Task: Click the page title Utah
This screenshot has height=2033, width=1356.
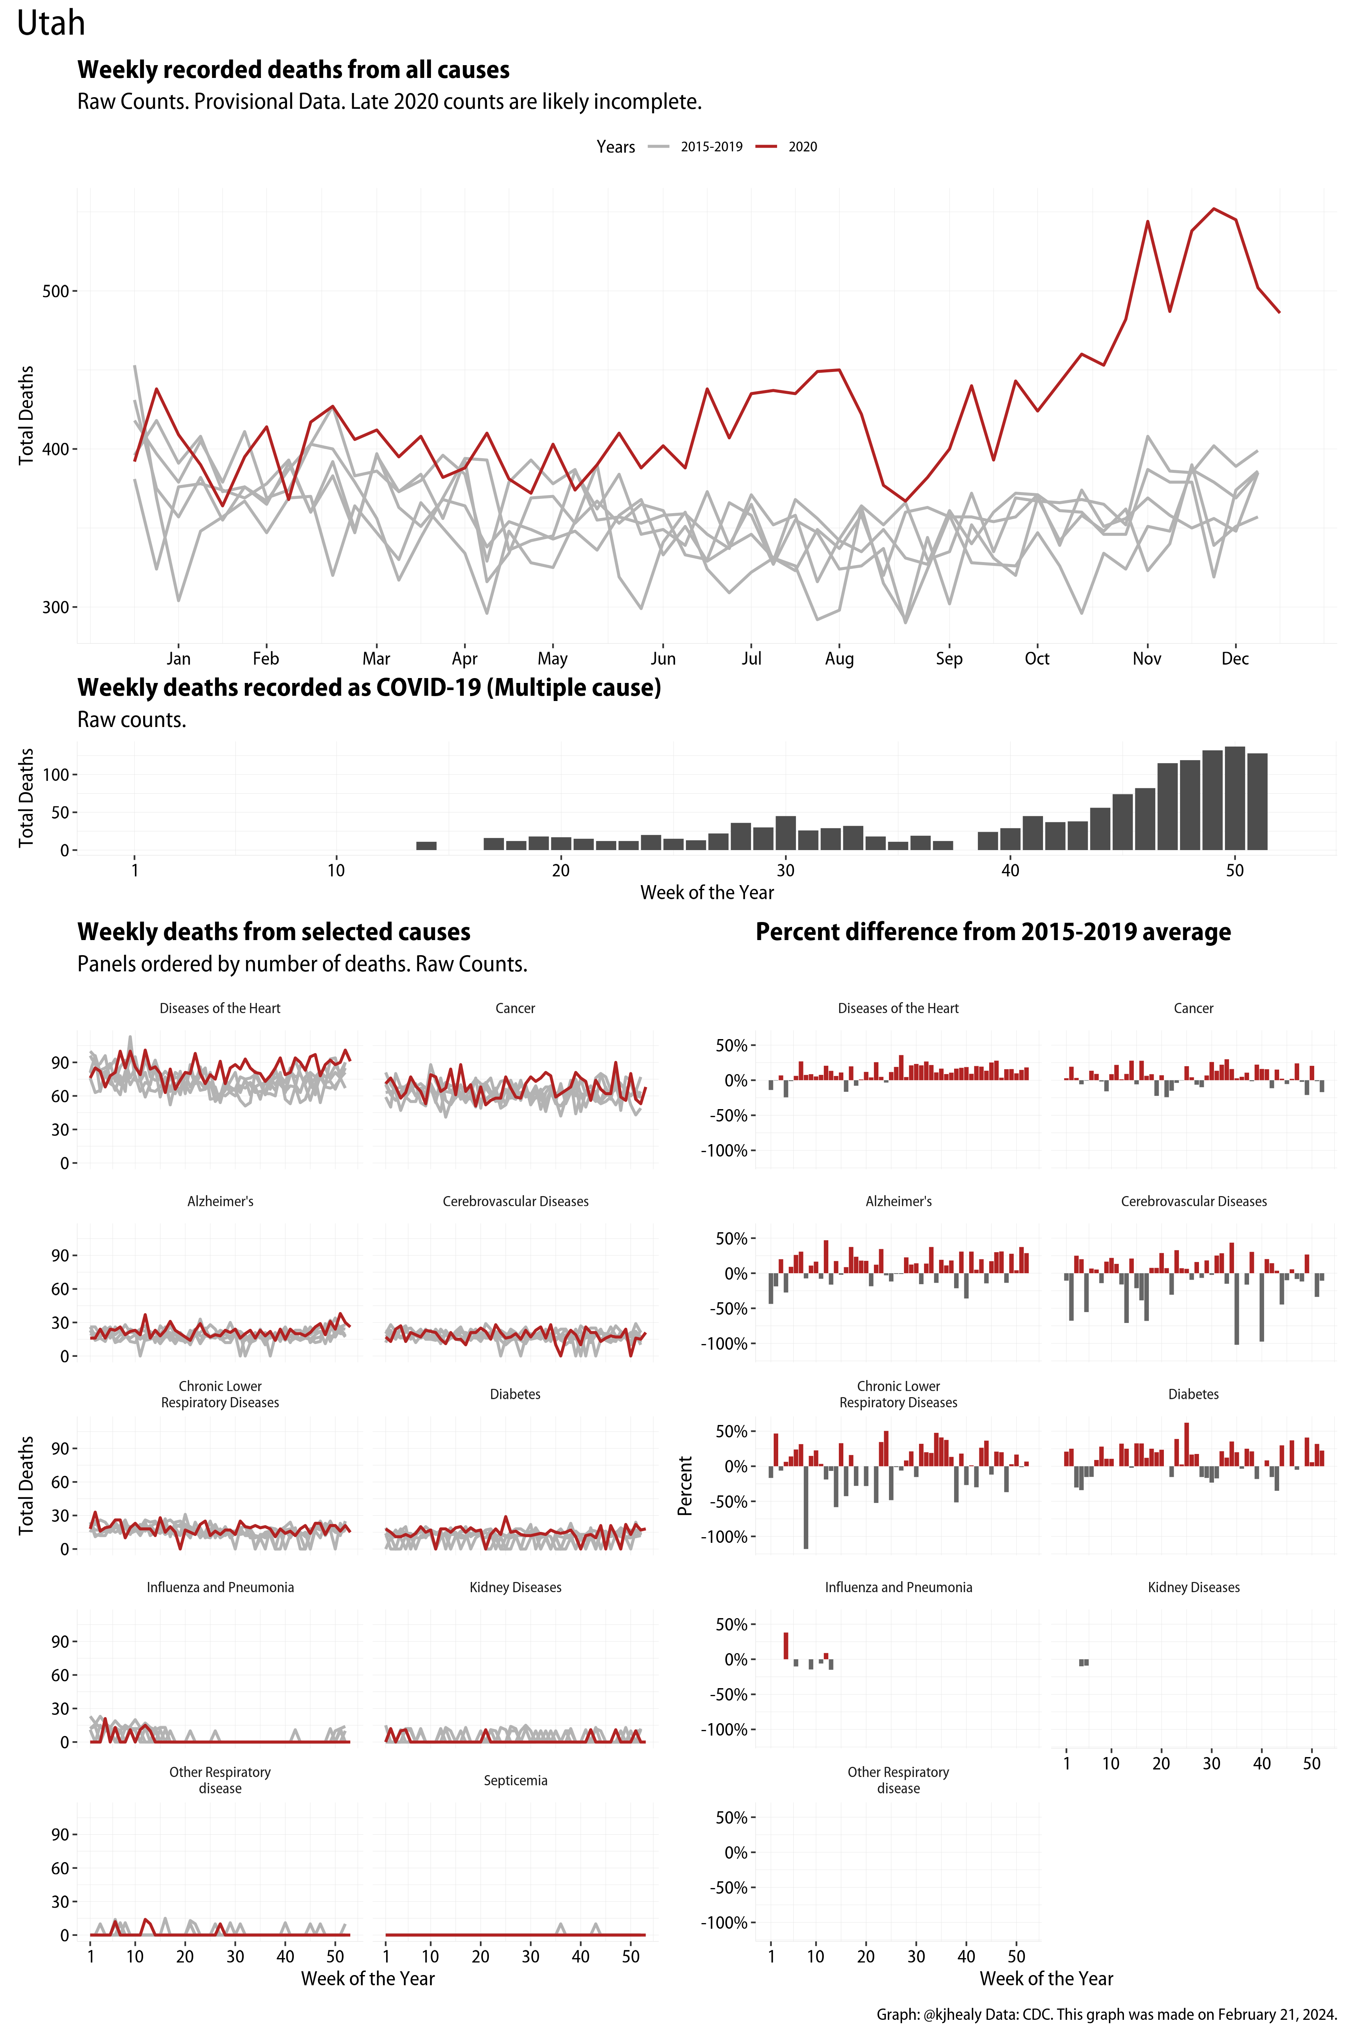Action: pos(51,23)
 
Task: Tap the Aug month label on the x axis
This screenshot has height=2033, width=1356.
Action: pos(839,658)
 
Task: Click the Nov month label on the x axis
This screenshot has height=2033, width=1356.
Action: pos(1147,658)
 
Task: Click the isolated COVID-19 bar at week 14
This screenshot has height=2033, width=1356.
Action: pos(426,845)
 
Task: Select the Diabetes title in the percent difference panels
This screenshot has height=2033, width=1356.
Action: pos(1193,1394)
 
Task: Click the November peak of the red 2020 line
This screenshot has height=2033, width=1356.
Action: pos(1148,222)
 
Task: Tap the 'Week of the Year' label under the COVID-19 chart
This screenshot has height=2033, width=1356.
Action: pos(707,893)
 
